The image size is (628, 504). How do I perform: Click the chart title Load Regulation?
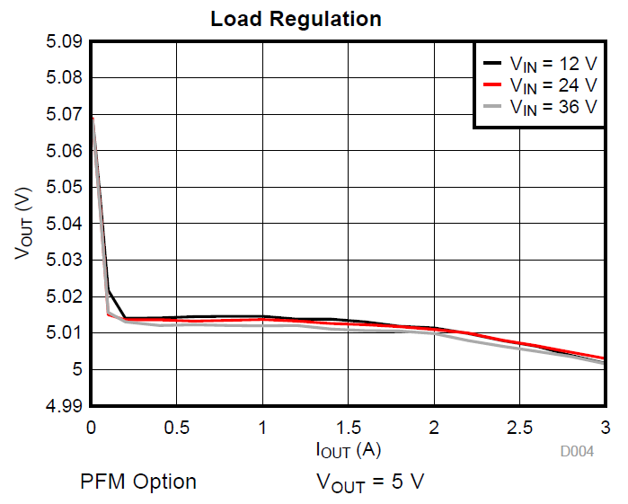(x=296, y=19)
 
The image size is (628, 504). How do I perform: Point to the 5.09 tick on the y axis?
(x=63, y=41)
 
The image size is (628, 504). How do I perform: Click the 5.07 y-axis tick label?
(x=63, y=114)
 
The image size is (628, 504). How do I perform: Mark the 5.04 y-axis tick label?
(x=63, y=224)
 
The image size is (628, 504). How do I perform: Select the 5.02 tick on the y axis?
(x=63, y=296)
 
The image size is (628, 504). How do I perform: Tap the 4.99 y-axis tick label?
(x=63, y=406)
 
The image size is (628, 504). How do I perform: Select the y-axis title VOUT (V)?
(x=24, y=224)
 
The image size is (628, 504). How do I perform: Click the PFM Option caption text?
(x=138, y=482)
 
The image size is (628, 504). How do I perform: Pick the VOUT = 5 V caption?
(x=369, y=482)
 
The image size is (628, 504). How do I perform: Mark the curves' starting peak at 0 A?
(x=92, y=117)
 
